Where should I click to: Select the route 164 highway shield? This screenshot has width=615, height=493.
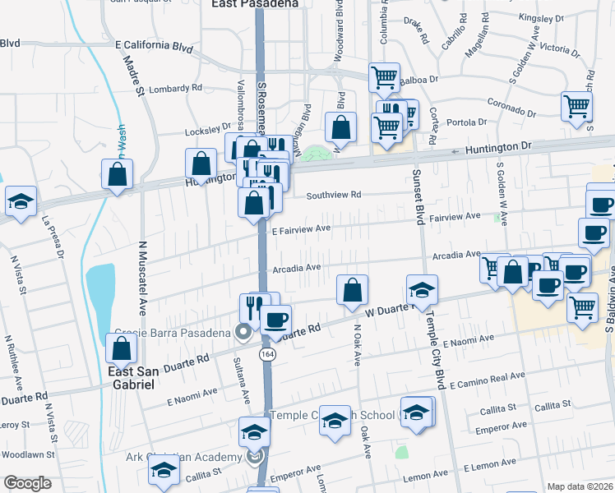tap(266, 353)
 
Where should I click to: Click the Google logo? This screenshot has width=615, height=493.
tap(27, 483)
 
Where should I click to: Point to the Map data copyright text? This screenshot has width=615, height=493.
tap(580, 486)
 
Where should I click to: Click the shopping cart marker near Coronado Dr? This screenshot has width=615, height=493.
tap(577, 106)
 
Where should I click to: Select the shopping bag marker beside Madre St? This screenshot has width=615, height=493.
tap(118, 174)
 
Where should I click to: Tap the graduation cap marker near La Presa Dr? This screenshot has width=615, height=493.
tap(21, 202)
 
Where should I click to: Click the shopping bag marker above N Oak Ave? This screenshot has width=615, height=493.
tap(352, 290)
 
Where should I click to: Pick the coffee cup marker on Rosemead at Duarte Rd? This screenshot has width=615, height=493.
tap(276, 319)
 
